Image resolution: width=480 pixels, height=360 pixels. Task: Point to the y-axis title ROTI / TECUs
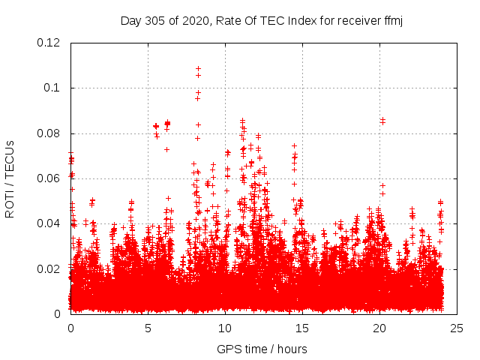(10, 178)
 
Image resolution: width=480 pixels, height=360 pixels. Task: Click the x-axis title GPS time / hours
(262, 349)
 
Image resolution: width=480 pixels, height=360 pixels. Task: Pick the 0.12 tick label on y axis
(49, 43)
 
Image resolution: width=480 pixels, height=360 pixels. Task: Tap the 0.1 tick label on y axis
(52, 88)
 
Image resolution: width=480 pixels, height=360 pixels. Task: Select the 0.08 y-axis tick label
(49, 133)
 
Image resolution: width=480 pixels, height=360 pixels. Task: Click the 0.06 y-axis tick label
(49, 178)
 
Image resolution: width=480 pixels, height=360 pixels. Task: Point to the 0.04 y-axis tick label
(49, 223)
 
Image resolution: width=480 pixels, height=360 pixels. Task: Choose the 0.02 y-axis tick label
(49, 268)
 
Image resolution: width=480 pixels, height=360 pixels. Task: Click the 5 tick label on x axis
(148, 328)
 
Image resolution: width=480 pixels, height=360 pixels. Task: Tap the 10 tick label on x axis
(225, 328)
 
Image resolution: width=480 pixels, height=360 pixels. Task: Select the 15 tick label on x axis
(302, 328)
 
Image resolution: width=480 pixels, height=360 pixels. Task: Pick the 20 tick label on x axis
(379, 328)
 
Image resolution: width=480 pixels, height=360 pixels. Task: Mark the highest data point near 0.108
(198, 69)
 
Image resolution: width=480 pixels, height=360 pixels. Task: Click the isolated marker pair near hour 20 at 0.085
(382, 120)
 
